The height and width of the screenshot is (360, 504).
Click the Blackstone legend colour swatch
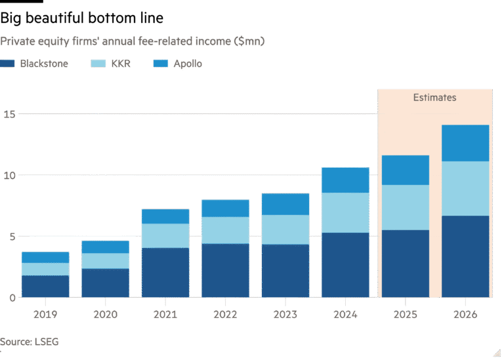pos(7,64)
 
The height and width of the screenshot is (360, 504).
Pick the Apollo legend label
pos(188,64)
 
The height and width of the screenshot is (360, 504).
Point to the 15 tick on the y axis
pos(8,113)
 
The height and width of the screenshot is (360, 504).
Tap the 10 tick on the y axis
pos(8,175)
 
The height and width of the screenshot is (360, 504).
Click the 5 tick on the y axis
pos(5,237)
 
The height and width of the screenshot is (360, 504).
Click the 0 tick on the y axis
pos(5,298)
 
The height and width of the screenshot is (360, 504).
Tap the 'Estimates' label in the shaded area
pos(434,98)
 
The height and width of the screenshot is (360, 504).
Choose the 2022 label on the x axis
pos(225,314)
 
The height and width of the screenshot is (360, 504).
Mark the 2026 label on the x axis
pos(465,314)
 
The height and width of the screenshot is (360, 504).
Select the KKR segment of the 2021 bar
pos(165,235)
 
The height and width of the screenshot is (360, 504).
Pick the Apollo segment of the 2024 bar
pos(345,180)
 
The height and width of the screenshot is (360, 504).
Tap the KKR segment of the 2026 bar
pos(465,188)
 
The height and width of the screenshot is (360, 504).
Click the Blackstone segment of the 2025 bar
pos(405,264)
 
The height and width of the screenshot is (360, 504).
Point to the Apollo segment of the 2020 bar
pos(106,247)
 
